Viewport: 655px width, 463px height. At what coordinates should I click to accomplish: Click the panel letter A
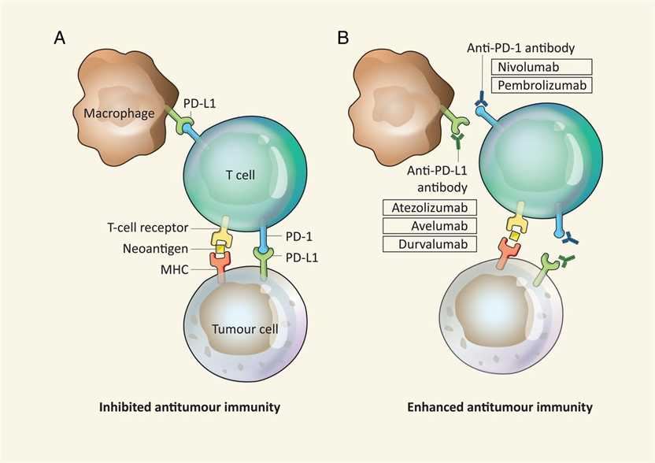pos(59,37)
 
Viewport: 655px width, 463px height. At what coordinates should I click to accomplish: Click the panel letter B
pos(343,37)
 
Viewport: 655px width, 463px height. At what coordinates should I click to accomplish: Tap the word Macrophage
pos(113,114)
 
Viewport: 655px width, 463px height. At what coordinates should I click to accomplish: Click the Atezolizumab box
pos(430,209)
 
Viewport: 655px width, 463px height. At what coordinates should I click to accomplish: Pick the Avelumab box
pos(430,226)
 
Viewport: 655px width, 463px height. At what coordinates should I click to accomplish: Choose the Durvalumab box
pos(430,244)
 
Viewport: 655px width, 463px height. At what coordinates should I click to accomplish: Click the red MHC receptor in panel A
pos(220,259)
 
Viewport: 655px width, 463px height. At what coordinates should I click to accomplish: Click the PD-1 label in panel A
pos(294,236)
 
